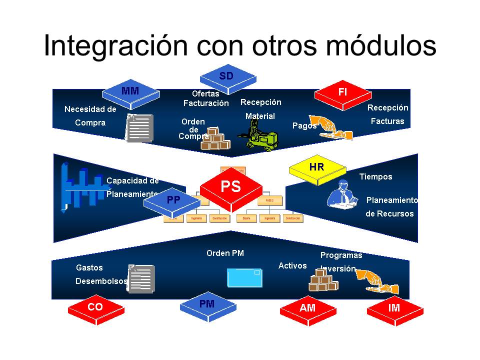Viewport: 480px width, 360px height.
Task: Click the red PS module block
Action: (x=231, y=188)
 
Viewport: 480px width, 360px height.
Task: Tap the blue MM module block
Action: (x=130, y=92)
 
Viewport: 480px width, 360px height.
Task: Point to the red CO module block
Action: (x=95, y=308)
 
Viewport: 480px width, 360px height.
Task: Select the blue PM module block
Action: (x=206, y=304)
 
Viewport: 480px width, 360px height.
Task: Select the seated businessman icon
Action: (x=342, y=193)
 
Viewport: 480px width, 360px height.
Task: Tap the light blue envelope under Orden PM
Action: (x=244, y=277)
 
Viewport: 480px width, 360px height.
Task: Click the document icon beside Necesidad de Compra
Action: (x=139, y=128)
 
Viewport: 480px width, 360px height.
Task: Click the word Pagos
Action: (x=304, y=126)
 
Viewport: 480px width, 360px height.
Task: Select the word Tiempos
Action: (x=375, y=176)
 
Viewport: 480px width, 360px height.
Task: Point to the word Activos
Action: (x=292, y=265)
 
